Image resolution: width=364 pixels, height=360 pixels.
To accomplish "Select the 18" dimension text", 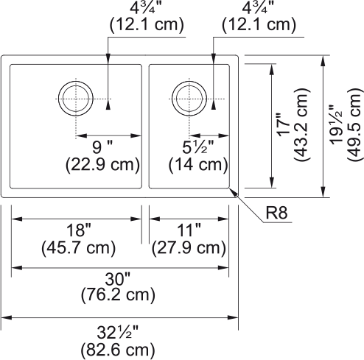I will [x=75, y=231].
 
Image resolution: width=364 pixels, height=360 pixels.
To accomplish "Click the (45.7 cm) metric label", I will [x=75, y=248].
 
